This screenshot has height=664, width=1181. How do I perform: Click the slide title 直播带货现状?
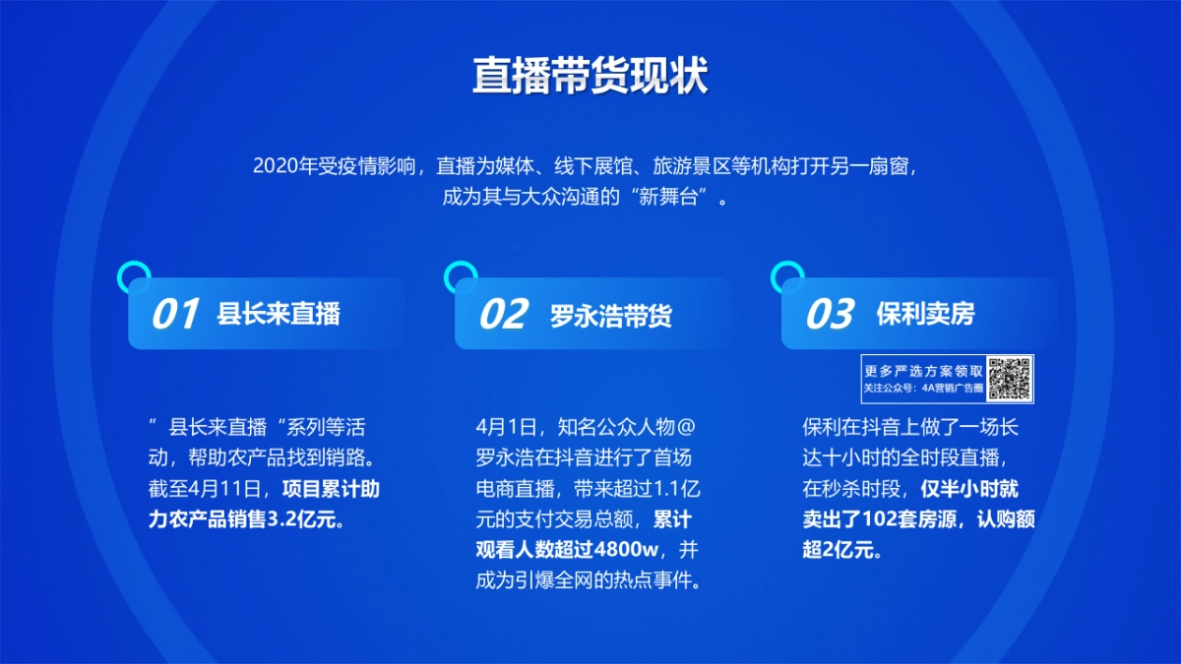click(590, 77)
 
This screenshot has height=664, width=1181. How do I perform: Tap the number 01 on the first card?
click(176, 314)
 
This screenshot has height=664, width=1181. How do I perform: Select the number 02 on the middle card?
click(504, 314)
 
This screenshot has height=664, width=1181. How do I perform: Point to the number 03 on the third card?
click(830, 314)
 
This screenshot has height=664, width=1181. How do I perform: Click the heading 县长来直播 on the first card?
click(279, 314)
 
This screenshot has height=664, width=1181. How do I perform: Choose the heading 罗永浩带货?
click(611, 315)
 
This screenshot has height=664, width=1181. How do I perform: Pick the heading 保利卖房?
click(925, 314)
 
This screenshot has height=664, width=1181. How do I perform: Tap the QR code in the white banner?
click(1011, 379)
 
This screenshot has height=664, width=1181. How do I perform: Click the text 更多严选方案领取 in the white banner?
click(923, 371)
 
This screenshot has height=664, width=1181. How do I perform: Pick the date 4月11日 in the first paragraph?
click(222, 488)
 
